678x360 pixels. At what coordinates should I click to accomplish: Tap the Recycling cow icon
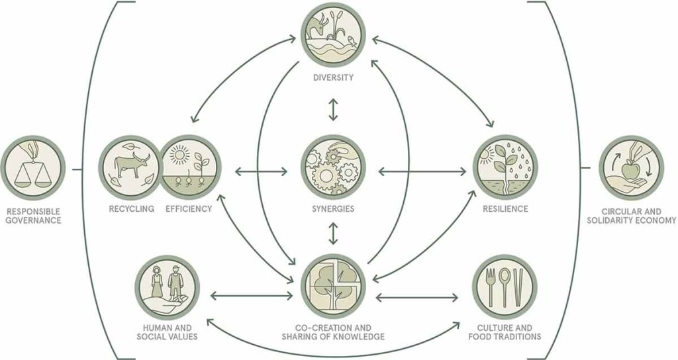130,167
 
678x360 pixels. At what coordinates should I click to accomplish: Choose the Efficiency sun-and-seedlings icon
189,167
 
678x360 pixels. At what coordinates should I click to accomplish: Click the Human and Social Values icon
167,287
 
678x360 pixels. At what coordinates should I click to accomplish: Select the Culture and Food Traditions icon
505,287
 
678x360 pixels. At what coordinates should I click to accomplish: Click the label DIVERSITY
334,78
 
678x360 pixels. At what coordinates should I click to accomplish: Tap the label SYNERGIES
333,208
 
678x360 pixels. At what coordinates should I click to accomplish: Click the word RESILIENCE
505,208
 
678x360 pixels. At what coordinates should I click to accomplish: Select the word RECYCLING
132,208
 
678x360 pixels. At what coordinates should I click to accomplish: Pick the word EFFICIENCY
189,208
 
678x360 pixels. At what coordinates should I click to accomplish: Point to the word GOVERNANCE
33,220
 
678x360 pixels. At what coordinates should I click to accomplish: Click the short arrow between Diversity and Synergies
332,110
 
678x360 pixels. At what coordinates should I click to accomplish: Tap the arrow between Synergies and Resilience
422,172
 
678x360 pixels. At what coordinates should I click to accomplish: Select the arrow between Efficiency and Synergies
261,172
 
